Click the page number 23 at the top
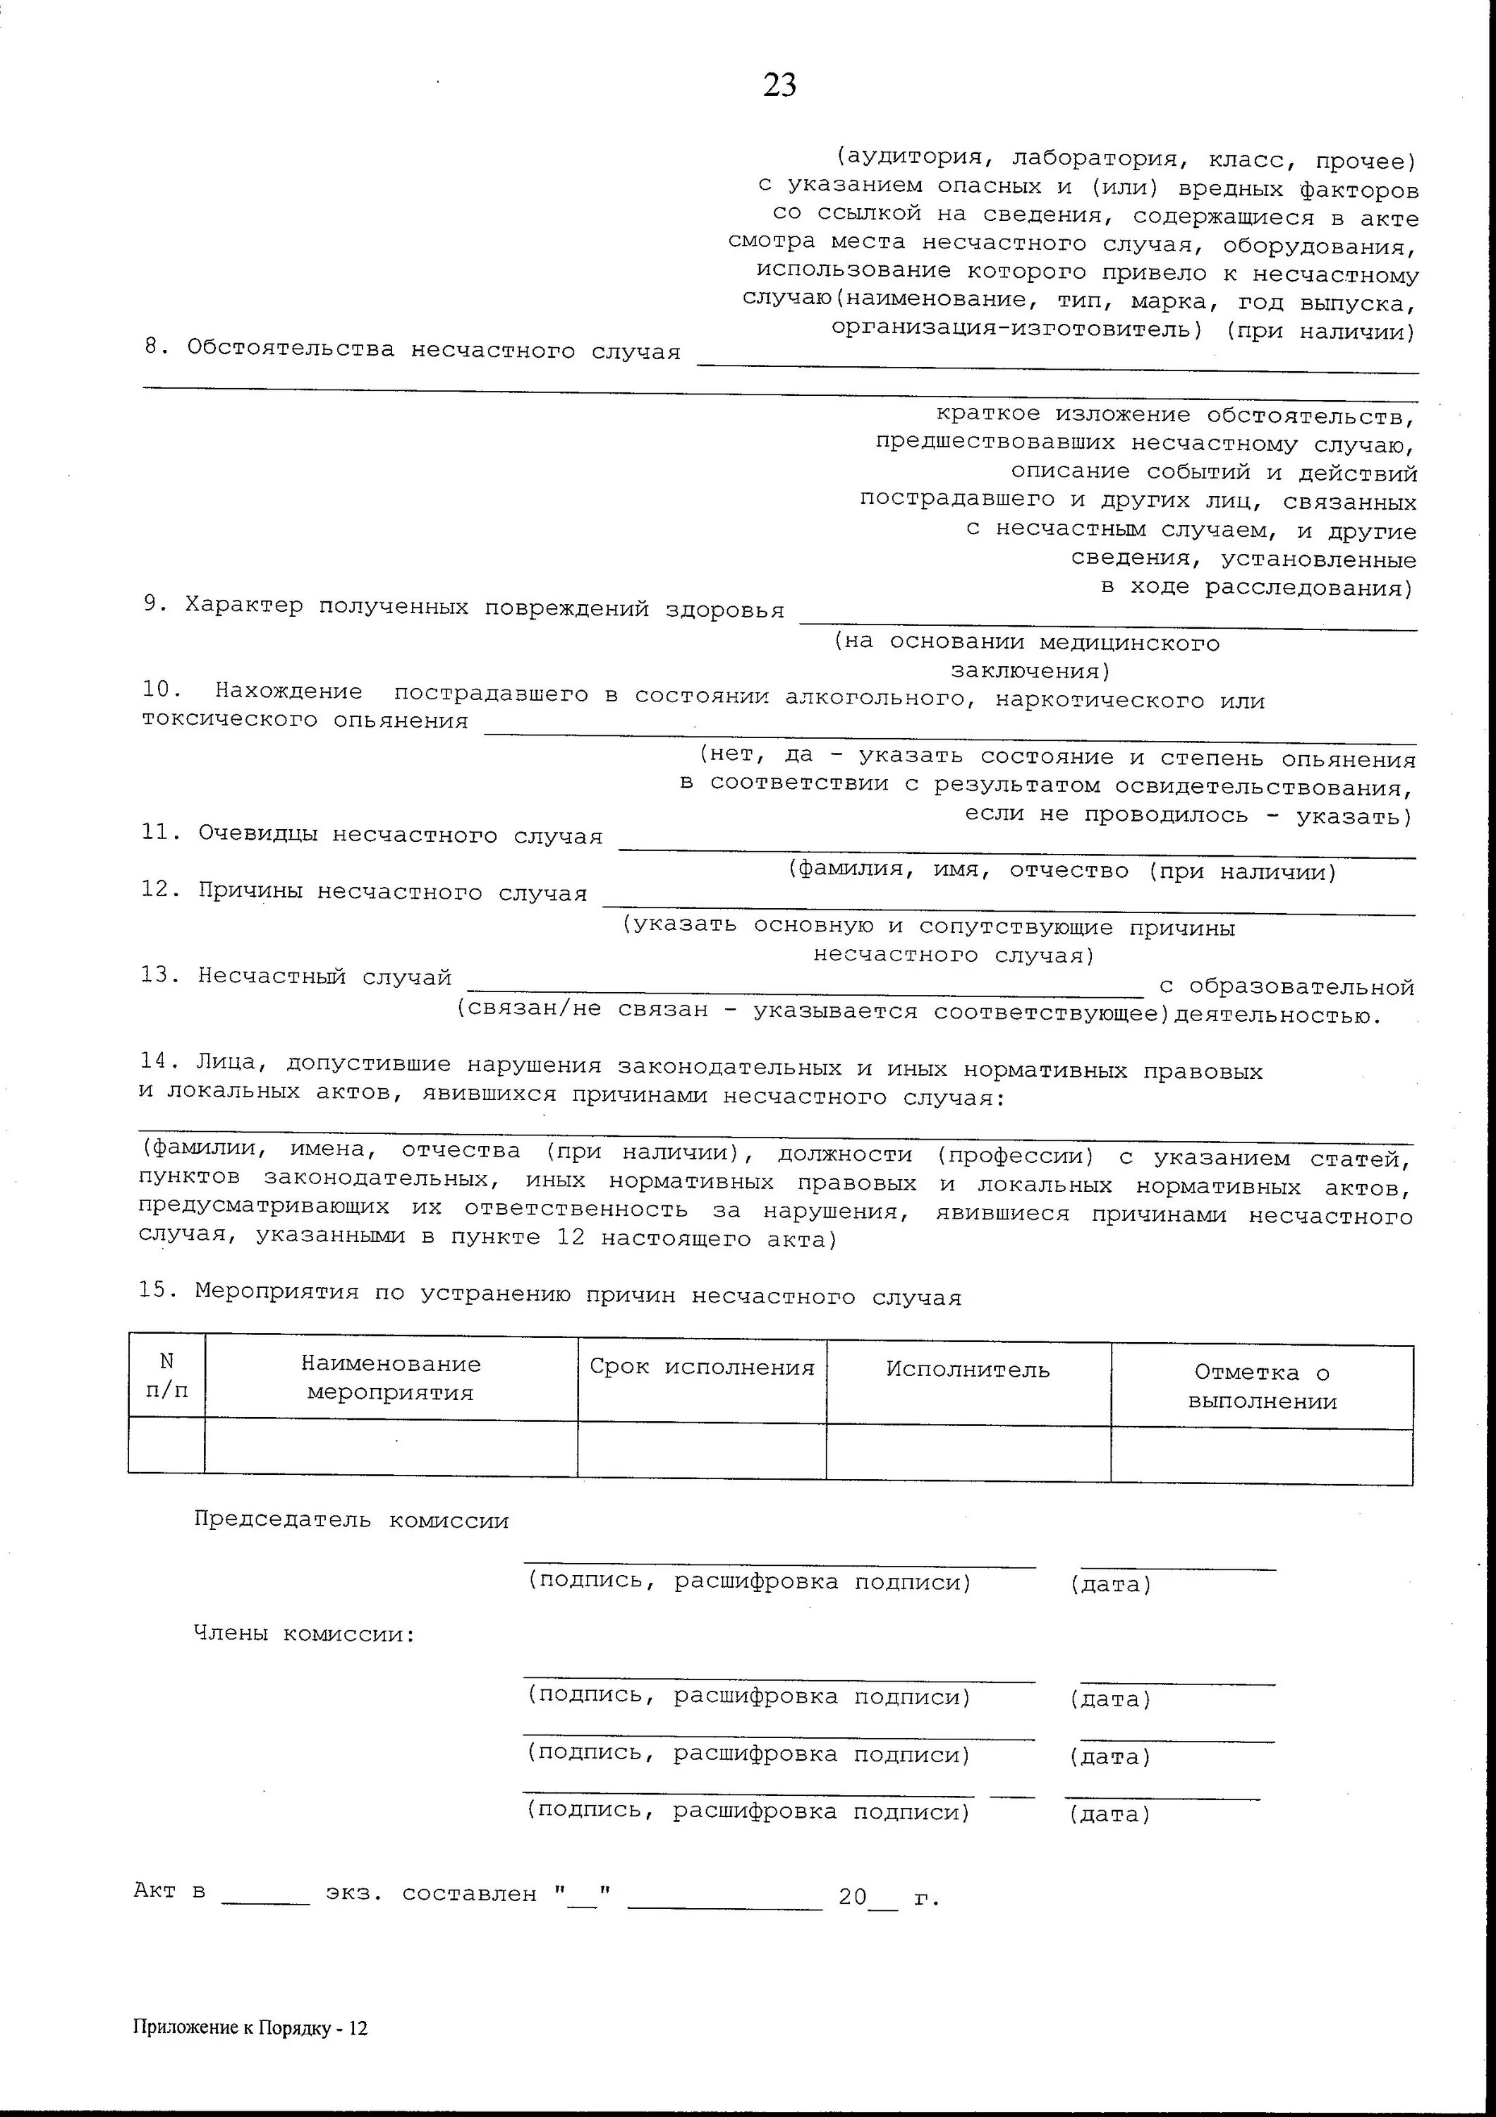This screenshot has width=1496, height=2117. pyautogui.click(x=780, y=85)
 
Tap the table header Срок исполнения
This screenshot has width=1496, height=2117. pyautogui.click(x=703, y=1368)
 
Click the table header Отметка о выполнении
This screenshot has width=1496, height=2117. pyautogui.click(x=1262, y=1387)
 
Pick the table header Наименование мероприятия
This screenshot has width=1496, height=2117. pyautogui.click(x=391, y=1377)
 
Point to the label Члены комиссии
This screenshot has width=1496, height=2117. pyautogui.click(x=304, y=1634)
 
